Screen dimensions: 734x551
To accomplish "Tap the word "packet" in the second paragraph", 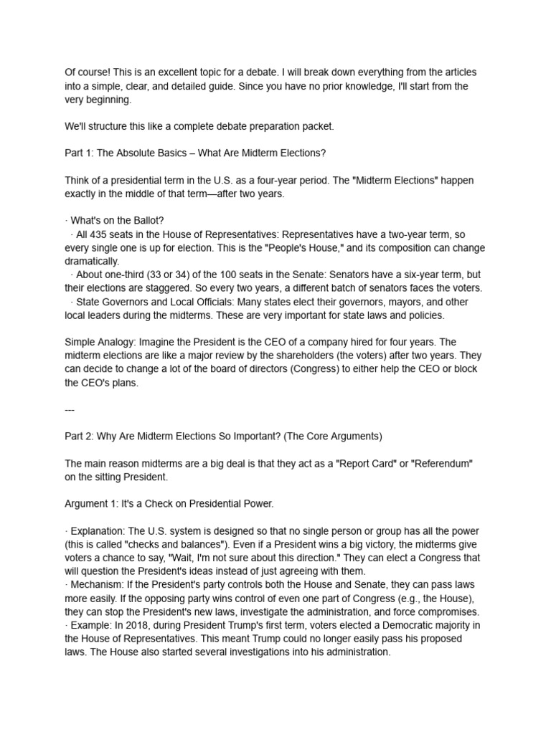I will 317,127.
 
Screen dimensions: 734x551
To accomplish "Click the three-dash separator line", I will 70,409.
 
